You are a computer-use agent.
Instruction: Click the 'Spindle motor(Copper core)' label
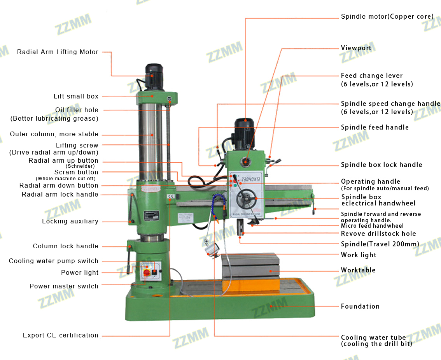click(387, 17)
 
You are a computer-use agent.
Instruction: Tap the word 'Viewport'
click(356, 48)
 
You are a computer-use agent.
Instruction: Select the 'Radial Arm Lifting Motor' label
click(58, 52)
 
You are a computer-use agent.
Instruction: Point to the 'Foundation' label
click(360, 306)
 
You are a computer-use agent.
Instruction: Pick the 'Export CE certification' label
click(60, 335)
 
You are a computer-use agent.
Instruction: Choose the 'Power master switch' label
click(64, 286)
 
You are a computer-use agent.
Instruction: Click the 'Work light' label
click(359, 255)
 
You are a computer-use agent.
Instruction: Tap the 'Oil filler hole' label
click(77, 110)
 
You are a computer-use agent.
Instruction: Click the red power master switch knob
click(147, 272)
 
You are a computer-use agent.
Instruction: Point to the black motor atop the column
click(154, 76)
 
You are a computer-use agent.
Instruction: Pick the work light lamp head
click(211, 249)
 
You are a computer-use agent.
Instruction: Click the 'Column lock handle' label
click(65, 246)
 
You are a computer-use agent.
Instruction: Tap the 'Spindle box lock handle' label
click(381, 165)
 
